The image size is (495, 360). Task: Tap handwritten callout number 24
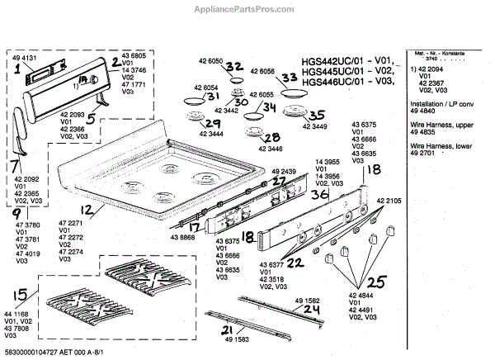pyautogui.click(x=286, y=310)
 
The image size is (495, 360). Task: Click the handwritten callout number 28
pyautogui.click(x=273, y=138)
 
